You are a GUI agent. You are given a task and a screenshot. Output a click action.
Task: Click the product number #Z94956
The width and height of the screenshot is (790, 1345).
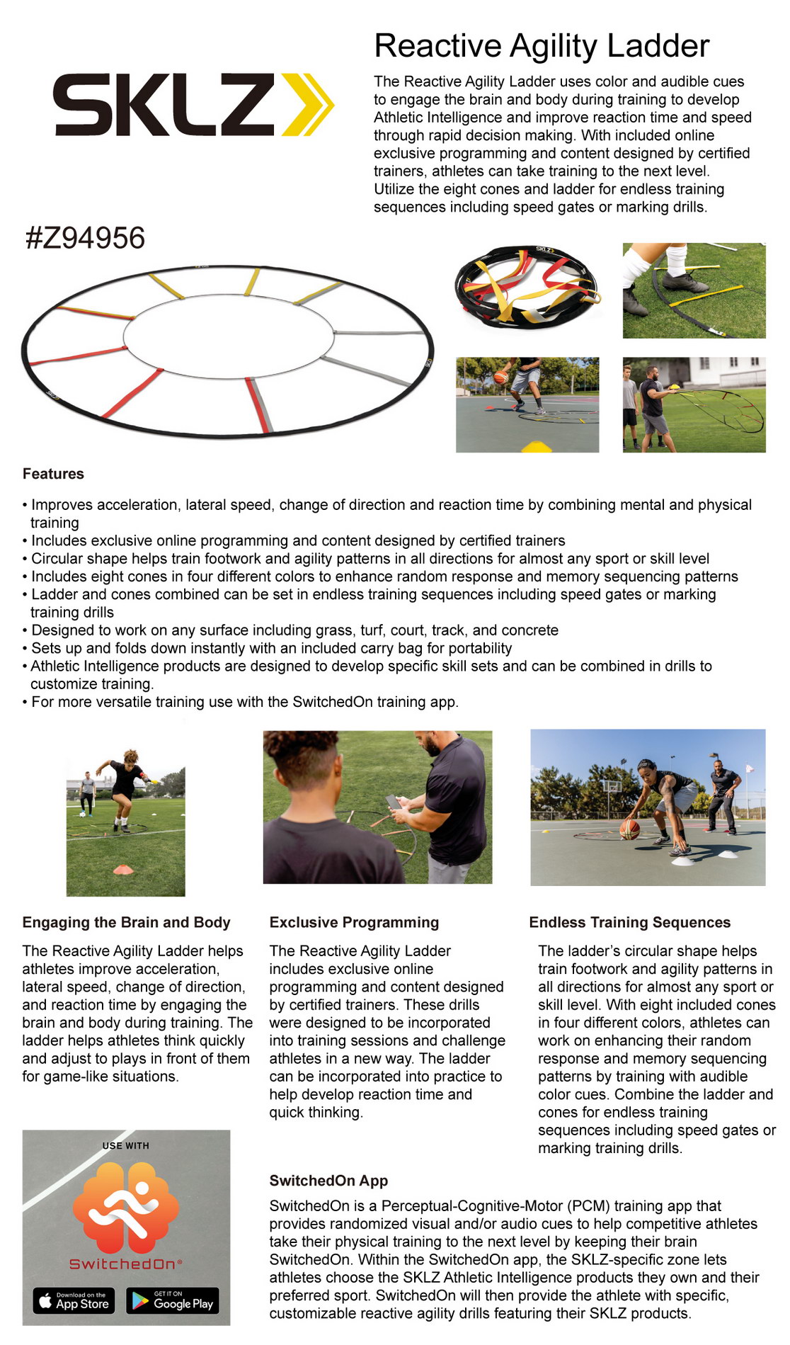point(85,238)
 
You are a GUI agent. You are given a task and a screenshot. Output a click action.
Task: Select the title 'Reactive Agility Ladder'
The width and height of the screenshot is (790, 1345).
point(542,46)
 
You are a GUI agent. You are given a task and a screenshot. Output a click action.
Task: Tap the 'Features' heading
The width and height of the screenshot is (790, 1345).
point(53,474)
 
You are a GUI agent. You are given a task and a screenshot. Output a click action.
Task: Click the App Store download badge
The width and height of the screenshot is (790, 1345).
point(74,1300)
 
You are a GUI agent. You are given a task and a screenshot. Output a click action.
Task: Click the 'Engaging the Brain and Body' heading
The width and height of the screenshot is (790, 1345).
point(127,922)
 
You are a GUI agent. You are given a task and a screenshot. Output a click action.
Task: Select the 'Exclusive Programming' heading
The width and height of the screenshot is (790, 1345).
point(354,922)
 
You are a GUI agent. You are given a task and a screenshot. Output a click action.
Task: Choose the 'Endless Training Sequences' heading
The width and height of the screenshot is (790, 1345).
point(630,922)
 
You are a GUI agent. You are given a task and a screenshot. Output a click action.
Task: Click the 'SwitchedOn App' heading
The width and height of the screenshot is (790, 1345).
point(328,1181)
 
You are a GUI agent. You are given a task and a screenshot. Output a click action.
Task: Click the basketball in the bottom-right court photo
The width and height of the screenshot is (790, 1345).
point(629,829)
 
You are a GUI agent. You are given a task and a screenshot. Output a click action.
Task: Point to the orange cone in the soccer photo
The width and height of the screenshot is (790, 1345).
point(124,868)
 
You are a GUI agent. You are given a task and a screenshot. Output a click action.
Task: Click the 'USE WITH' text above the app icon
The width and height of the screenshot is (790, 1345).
point(126,1145)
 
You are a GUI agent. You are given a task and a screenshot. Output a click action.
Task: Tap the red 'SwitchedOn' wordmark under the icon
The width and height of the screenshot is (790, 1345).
point(125,1264)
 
